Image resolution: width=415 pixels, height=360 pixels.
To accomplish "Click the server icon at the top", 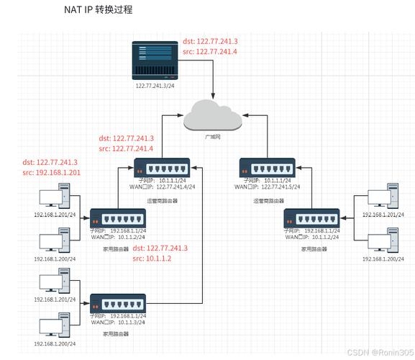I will click(155, 61).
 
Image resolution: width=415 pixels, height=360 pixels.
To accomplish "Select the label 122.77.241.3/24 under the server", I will click(155, 85).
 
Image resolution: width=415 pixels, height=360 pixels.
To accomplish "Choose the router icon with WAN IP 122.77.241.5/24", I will click(266, 168).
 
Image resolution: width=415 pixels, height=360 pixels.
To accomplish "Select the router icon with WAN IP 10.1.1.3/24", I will click(117, 302).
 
